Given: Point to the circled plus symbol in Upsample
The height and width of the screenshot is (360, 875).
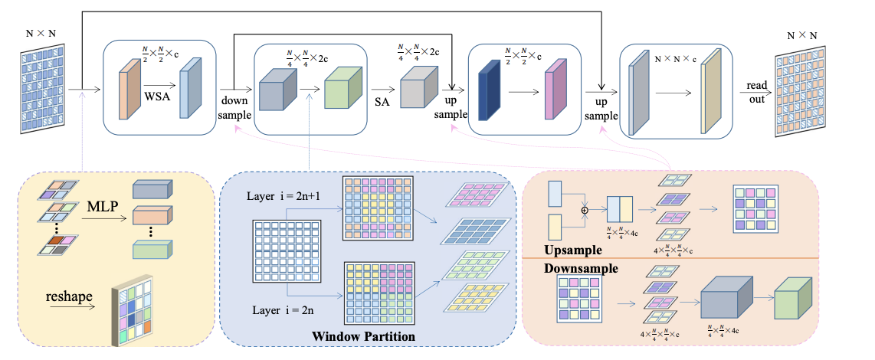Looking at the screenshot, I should (x=585, y=209).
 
